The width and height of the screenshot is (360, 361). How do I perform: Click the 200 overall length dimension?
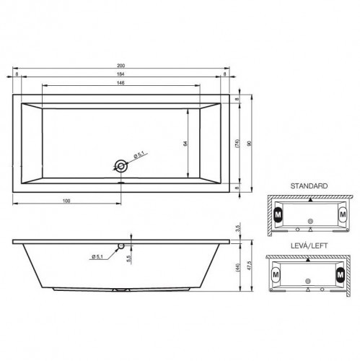(120, 66)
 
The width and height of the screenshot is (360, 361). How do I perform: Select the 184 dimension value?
(120, 74)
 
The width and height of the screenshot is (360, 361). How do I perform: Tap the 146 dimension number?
(120, 83)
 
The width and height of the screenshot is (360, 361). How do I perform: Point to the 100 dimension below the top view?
(66, 201)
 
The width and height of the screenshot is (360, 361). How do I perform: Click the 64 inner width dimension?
(185, 144)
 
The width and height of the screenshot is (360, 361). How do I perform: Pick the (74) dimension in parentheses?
(237, 144)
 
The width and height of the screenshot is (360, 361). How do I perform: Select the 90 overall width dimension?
(250, 144)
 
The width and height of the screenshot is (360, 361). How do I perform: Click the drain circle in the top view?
(121, 166)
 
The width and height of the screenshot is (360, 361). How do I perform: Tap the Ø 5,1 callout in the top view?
(139, 155)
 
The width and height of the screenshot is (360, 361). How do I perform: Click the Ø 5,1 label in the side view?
(97, 257)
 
